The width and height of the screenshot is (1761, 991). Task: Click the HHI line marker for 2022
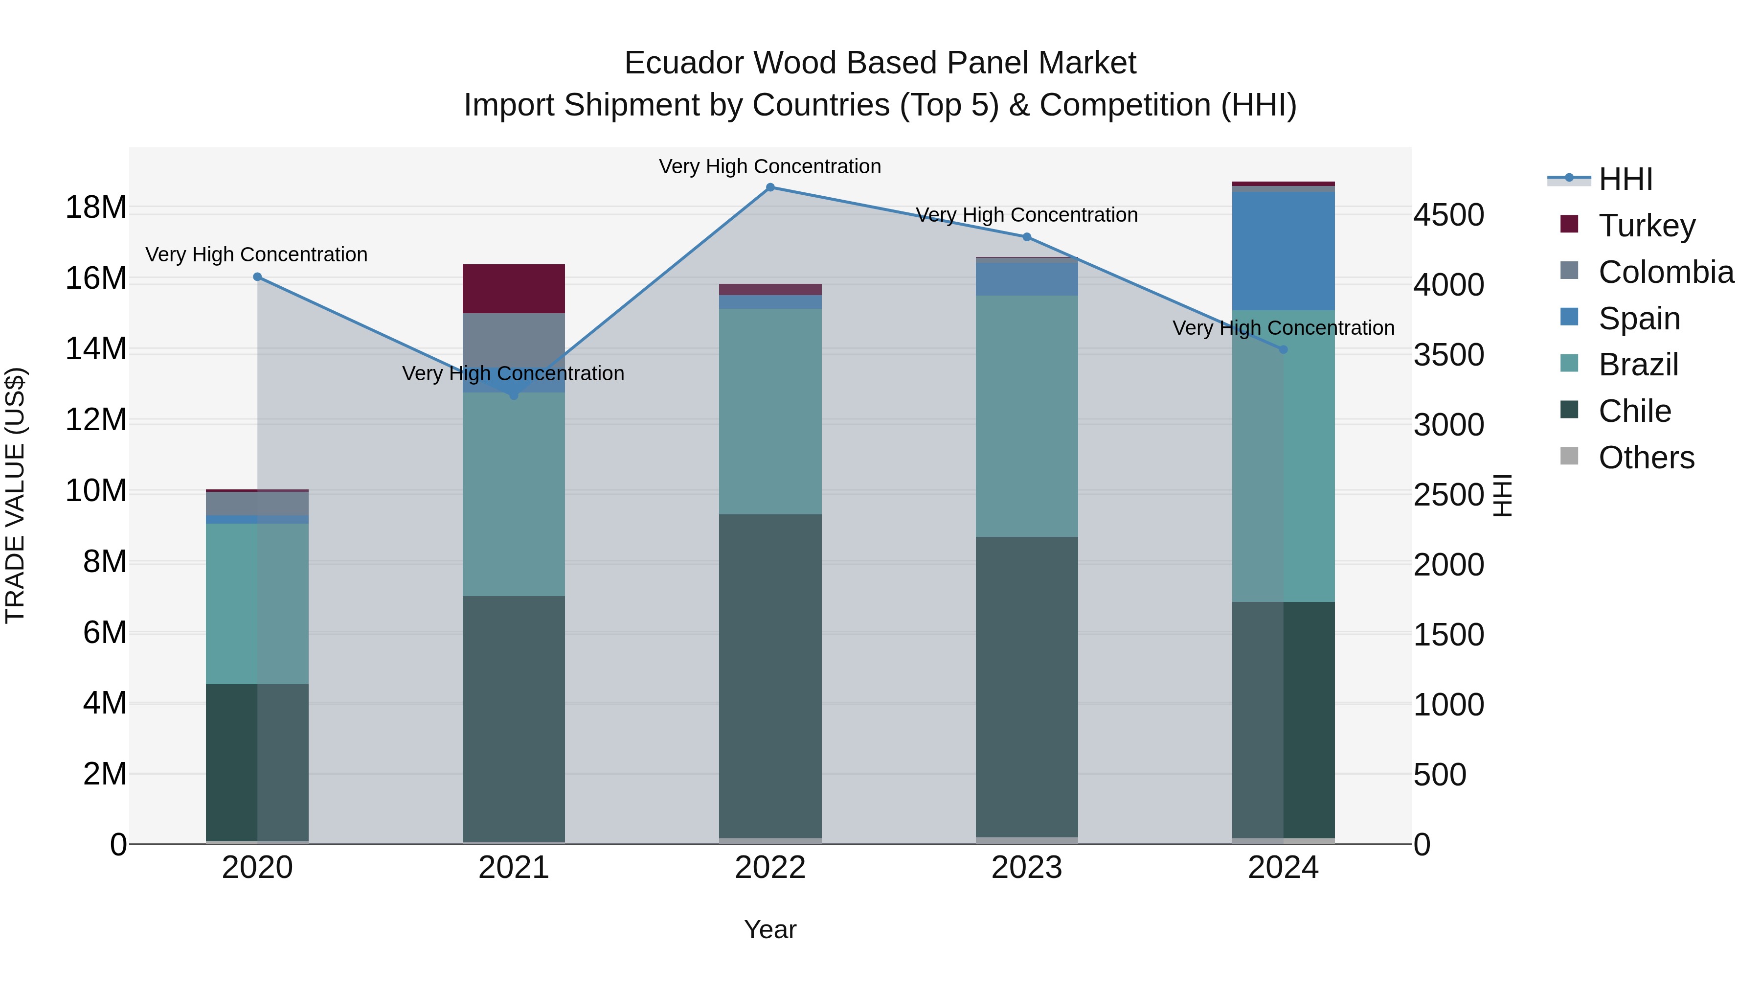770,187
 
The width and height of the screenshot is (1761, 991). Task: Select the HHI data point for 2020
257,277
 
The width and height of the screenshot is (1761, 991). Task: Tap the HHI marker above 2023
1026,237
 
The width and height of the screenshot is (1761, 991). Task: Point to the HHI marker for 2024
1283,349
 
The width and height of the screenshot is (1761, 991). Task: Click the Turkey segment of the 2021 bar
514,289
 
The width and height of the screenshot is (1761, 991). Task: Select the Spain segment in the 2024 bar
1283,251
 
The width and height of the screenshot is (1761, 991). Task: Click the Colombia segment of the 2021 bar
514,340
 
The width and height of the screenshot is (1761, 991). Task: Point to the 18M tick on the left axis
96,207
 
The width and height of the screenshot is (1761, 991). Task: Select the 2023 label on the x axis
1026,868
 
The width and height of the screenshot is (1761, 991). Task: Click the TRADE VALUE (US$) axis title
16,495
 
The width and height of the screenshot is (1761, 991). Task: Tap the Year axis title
770,929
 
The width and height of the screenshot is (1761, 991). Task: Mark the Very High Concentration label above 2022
770,166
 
